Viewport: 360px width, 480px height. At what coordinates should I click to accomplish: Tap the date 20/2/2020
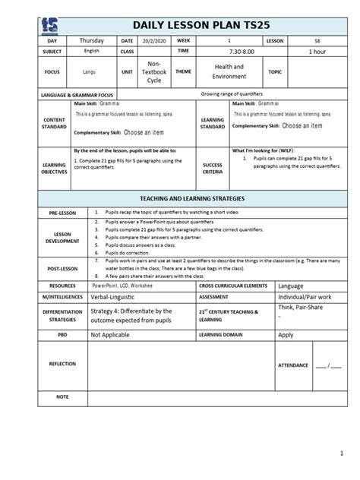(x=153, y=39)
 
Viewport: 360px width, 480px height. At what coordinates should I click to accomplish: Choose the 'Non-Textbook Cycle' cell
(x=153, y=72)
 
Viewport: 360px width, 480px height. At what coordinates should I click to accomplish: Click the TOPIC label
(x=274, y=72)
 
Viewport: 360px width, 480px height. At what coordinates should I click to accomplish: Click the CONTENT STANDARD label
(x=55, y=123)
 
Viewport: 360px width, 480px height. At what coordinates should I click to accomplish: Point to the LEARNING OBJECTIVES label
(x=55, y=168)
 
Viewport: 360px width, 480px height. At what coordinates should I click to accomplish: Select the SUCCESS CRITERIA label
(x=212, y=168)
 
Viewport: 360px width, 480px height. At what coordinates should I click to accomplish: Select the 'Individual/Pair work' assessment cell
(x=308, y=297)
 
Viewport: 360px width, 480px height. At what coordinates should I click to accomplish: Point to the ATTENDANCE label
(x=293, y=365)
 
